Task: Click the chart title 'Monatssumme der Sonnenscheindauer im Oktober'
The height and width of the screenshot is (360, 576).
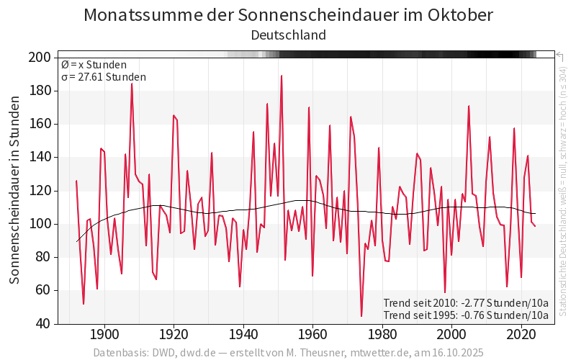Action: (x=288, y=15)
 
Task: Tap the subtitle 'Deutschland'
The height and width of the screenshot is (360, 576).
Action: (x=288, y=35)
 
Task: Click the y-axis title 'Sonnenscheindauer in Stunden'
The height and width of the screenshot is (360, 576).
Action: (x=14, y=191)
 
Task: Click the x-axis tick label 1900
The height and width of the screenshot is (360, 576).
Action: (x=104, y=336)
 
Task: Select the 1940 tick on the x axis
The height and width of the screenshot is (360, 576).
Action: (x=243, y=336)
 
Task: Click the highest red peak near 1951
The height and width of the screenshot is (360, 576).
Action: (x=282, y=76)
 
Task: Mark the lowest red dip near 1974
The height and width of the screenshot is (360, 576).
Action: (x=361, y=316)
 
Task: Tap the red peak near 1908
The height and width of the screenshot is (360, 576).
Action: (x=132, y=84)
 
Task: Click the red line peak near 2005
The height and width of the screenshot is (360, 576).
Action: (x=469, y=106)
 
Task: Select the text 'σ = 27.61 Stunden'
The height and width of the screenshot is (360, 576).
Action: (x=104, y=77)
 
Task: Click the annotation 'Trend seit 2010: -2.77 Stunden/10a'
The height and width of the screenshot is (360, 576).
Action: (x=466, y=302)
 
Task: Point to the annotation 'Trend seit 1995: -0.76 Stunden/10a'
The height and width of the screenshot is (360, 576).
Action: (x=466, y=315)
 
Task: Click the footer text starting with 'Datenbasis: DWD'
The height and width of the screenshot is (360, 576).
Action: (x=288, y=353)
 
